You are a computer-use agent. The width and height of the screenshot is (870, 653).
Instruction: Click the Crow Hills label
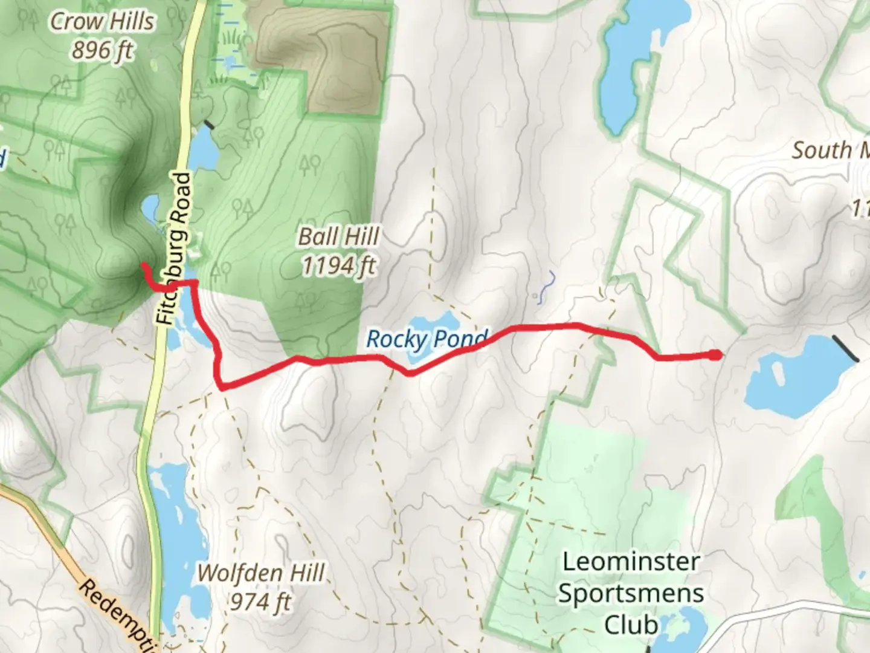[x=102, y=22]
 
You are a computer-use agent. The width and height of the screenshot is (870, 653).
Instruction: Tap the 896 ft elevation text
[x=102, y=51]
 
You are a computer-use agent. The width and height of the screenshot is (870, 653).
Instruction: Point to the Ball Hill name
[x=339, y=236]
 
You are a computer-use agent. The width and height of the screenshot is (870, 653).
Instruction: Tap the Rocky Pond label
[x=427, y=339]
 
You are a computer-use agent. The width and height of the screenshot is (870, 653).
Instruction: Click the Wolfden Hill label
[x=261, y=573]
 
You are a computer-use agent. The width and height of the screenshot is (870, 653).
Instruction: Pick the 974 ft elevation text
[x=261, y=602]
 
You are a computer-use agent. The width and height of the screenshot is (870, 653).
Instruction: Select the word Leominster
[x=631, y=562]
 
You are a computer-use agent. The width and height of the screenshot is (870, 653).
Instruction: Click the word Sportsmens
[x=631, y=593]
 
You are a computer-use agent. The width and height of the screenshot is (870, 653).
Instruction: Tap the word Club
[x=631, y=625]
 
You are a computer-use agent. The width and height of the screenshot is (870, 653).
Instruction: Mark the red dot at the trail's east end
[x=715, y=355]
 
